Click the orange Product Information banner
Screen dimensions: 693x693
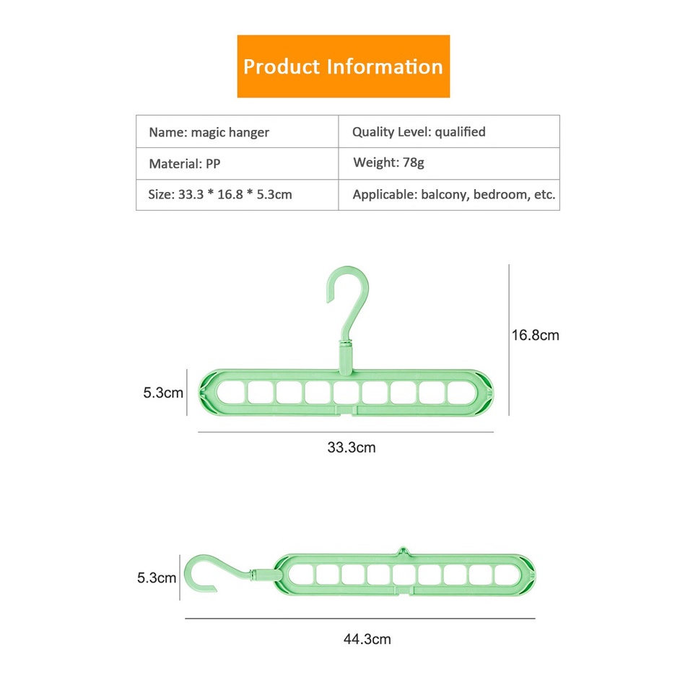pos(343,66)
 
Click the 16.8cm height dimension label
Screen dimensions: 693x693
pos(535,335)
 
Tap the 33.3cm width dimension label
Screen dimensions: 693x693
pos(352,448)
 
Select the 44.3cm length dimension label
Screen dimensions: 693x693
pos(367,639)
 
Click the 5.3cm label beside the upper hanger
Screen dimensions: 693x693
pos(162,393)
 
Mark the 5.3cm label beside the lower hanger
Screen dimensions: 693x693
pos(157,577)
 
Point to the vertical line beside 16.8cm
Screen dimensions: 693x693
pos(510,339)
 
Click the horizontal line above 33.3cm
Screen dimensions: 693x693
pos(345,432)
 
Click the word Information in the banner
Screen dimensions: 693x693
pos(385,66)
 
